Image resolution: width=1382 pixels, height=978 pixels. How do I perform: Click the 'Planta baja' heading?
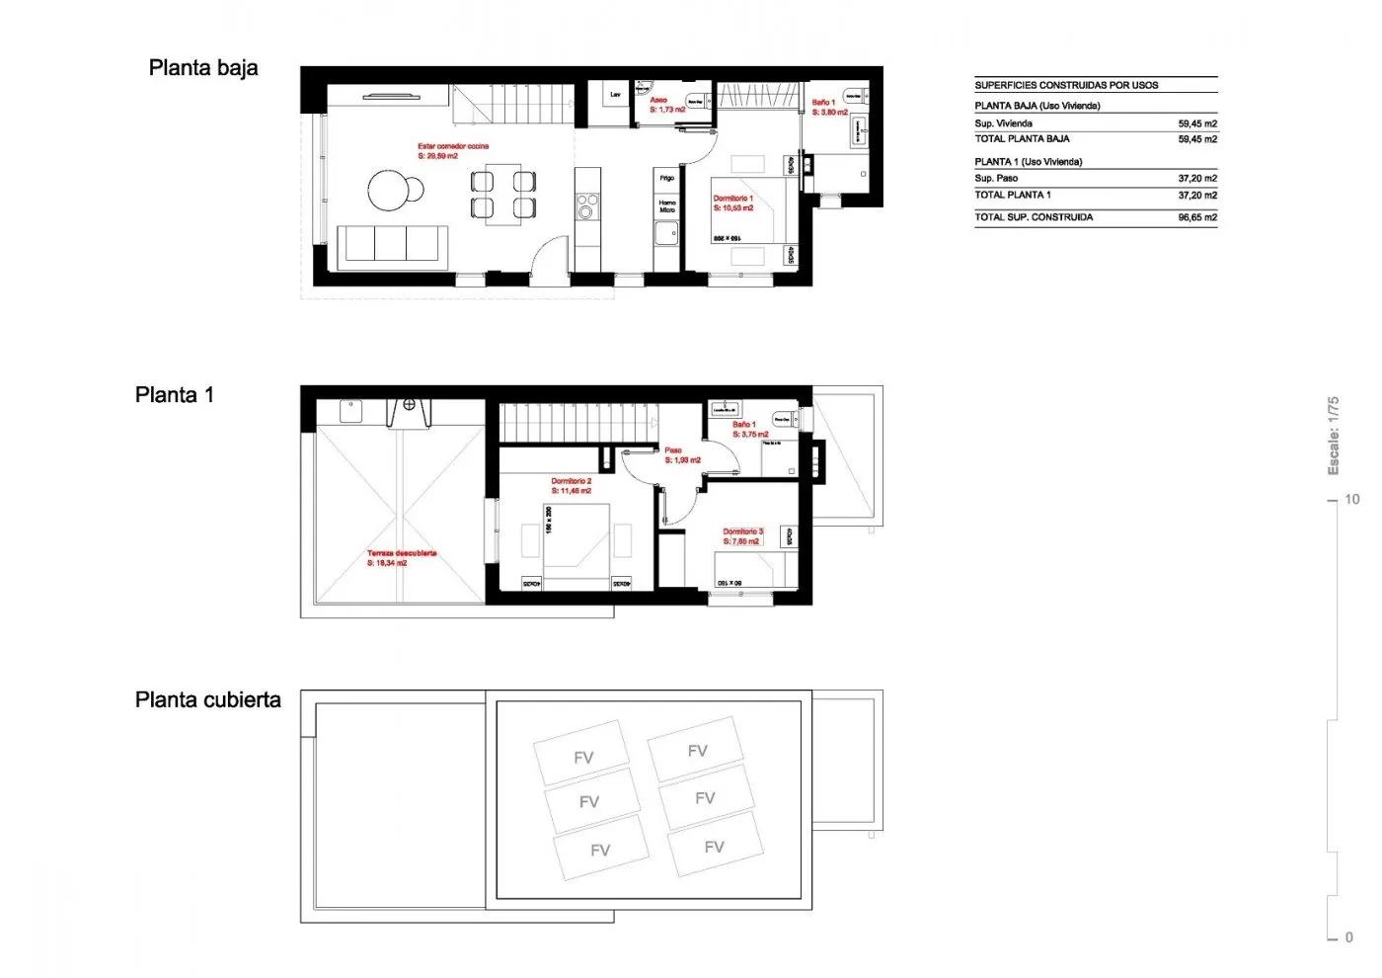(x=203, y=68)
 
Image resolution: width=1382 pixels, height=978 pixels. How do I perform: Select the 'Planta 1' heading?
(x=175, y=395)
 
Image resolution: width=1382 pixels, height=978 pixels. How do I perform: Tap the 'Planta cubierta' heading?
(x=208, y=700)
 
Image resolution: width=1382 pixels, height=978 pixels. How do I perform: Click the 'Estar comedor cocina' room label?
(x=452, y=146)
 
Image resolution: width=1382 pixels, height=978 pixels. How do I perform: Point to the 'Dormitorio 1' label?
(x=732, y=199)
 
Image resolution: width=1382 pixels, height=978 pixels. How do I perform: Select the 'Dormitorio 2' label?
(x=571, y=481)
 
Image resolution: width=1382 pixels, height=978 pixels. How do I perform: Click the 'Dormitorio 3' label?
(x=742, y=531)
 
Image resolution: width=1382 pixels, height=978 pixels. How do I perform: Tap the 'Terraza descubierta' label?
(x=401, y=553)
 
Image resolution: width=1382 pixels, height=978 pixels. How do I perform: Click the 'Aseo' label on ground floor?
(x=658, y=100)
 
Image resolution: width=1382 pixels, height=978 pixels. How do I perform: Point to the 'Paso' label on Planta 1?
(x=672, y=450)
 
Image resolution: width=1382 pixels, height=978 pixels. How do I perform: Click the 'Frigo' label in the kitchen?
(x=667, y=178)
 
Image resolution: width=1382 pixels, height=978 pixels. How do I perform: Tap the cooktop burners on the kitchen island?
(x=587, y=207)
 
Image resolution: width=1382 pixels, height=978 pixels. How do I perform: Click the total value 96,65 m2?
(x=1196, y=217)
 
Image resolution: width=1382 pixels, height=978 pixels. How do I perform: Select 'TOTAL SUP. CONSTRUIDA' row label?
(x=1034, y=217)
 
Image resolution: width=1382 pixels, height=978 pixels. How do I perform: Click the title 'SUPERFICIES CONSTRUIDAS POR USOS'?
(x=1066, y=85)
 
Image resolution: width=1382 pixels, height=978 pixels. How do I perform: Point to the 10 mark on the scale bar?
(x=1351, y=500)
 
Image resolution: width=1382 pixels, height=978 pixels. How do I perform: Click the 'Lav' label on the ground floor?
(x=615, y=95)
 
